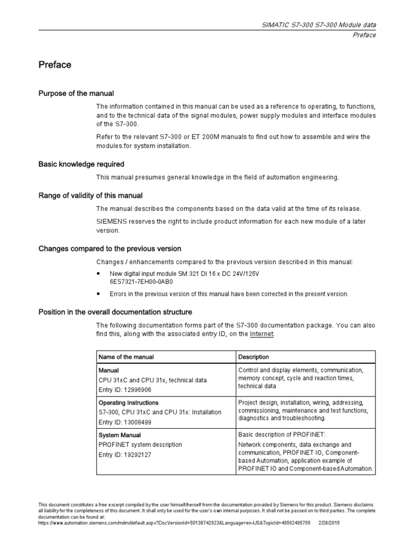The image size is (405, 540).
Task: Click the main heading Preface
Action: coord(55,65)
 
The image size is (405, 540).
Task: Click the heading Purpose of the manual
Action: coord(76,93)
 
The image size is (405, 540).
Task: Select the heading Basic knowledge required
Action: coord(81,164)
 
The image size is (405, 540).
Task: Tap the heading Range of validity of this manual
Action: coord(90,195)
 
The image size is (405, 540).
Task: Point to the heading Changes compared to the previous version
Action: coord(110,248)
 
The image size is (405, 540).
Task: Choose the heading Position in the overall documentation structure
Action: coord(115,312)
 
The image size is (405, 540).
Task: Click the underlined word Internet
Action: coord(262,334)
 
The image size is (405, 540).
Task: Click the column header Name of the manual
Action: coord(127,357)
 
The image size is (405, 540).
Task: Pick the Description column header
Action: coord(254,357)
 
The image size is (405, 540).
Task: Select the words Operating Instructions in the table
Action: coord(129,403)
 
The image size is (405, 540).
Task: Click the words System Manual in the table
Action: coord(120,435)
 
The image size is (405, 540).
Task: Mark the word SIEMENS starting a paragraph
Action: coord(111,221)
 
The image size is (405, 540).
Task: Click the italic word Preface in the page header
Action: coord(364,35)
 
